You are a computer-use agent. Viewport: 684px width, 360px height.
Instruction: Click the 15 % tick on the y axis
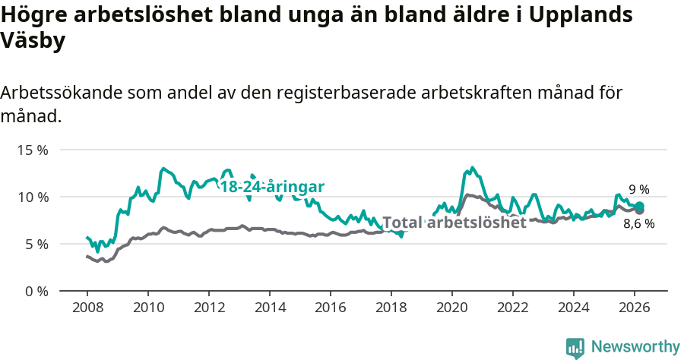tap(33, 150)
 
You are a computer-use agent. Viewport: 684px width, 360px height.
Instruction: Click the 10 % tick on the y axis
tap(33, 197)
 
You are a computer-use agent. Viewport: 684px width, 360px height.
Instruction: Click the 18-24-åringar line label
tap(272, 187)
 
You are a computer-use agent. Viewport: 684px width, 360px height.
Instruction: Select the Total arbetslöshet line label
tap(454, 223)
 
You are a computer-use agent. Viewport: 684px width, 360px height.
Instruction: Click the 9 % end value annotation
tap(638, 190)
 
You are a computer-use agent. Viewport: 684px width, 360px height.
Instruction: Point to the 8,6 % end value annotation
tap(638, 224)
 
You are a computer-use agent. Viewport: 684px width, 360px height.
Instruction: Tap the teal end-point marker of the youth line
tap(640, 206)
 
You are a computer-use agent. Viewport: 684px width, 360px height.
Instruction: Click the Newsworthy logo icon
tap(575, 347)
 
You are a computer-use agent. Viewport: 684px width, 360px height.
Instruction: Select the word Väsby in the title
tap(33, 41)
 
